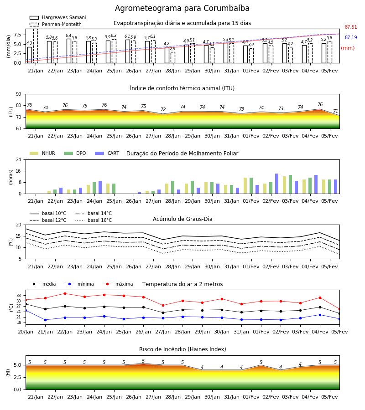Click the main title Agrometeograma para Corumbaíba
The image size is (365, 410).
coord(182,8)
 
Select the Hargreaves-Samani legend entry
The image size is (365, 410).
coord(57,17)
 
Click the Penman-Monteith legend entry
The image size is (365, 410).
coord(56,24)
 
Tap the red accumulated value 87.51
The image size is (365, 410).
coord(351,27)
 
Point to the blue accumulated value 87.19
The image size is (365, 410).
coord(351,37)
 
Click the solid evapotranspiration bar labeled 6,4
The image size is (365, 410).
coord(69,51)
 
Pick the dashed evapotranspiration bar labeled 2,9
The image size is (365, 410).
coord(173,57)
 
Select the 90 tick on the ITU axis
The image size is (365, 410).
coord(19,94)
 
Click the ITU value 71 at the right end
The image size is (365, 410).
coord(335,111)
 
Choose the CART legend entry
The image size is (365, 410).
coord(107,153)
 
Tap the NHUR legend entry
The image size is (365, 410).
coord(42,153)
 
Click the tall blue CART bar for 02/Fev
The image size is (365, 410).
coord(277,184)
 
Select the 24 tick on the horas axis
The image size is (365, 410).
coord(19,159)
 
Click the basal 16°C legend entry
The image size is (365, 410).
coord(94,220)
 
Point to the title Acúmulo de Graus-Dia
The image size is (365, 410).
coord(182,219)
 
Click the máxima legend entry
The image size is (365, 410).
coord(118,284)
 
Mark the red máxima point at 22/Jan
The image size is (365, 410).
coord(65,293)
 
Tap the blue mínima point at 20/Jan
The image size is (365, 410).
coord(26,310)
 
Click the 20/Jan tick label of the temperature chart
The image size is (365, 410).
coord(26,332)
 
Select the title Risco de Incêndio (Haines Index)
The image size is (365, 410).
coord(182,349)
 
